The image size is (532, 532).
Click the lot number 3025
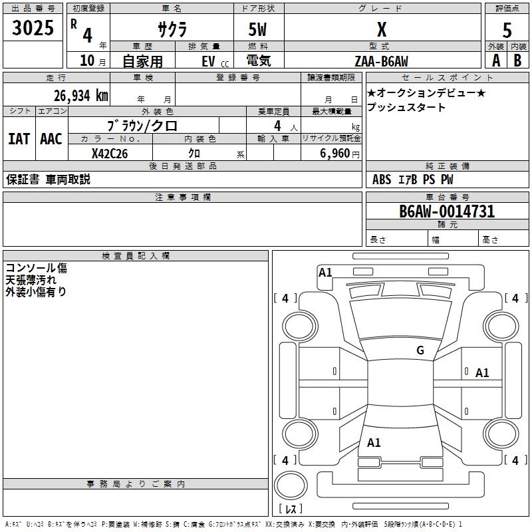pos(33,27)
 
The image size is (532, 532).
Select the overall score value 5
pos(507,30)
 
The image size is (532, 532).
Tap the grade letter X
pos(382,29)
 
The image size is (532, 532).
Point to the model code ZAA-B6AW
pos(381,61)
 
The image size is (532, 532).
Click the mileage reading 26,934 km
pos(81,96)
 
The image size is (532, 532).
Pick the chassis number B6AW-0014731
pos(447,211)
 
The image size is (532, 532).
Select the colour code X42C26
pos(110,154)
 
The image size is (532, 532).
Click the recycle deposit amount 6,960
pos(335,154)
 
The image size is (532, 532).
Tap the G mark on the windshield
pos(420,350)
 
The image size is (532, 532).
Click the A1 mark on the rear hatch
pos(374,442)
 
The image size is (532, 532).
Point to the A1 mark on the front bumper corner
pos(325,272)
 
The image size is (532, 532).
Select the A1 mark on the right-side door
pos(482,373)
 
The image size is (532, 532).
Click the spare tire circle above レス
pos(291,485)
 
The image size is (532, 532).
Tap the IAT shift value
pos(19,139)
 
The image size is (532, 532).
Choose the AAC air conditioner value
pos(51,139)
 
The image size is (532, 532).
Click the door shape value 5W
pos(257,29)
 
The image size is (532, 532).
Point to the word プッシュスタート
pos(406,107)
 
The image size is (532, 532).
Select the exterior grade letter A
pos(496,61)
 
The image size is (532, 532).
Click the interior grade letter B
pos(517,61)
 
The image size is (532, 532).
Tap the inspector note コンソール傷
pos(37,268)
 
